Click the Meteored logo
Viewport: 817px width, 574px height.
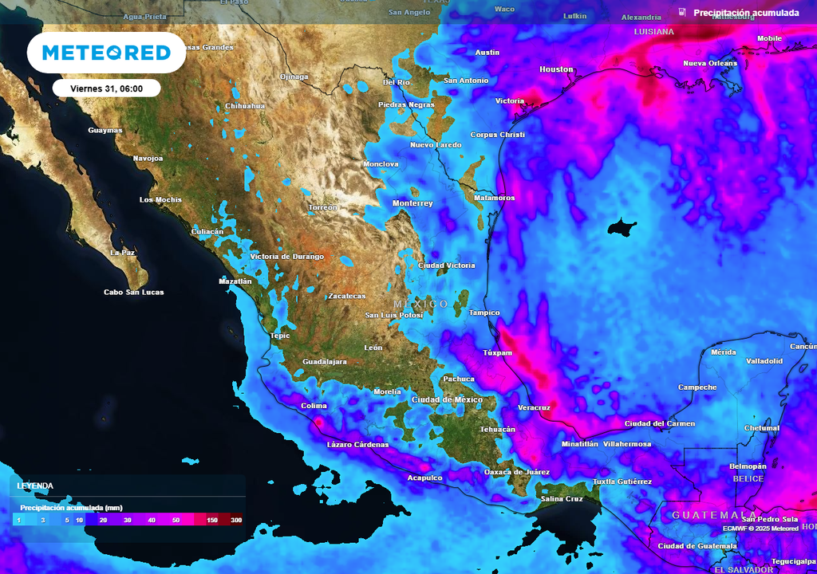106,53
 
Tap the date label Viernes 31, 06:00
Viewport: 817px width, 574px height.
107,88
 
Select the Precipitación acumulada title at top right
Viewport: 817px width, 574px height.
745,13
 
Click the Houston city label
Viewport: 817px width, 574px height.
556,69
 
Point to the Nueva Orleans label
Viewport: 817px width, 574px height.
710,64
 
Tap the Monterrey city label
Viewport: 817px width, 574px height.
412,203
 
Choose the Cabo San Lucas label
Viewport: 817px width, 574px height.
134,293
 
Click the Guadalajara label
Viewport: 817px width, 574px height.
325,362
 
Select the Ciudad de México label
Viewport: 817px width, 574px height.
447,399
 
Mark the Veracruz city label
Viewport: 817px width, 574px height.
534,407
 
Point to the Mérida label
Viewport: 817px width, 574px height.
723,352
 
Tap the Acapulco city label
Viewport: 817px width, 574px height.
424,478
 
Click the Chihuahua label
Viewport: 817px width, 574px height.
245,106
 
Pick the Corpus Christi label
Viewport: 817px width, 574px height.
498,135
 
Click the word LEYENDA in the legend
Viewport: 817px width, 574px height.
35,486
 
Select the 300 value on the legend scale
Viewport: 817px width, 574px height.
236,521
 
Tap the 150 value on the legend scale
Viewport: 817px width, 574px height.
212,521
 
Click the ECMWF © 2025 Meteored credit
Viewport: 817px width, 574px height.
760,529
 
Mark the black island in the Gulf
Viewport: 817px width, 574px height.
622,229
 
